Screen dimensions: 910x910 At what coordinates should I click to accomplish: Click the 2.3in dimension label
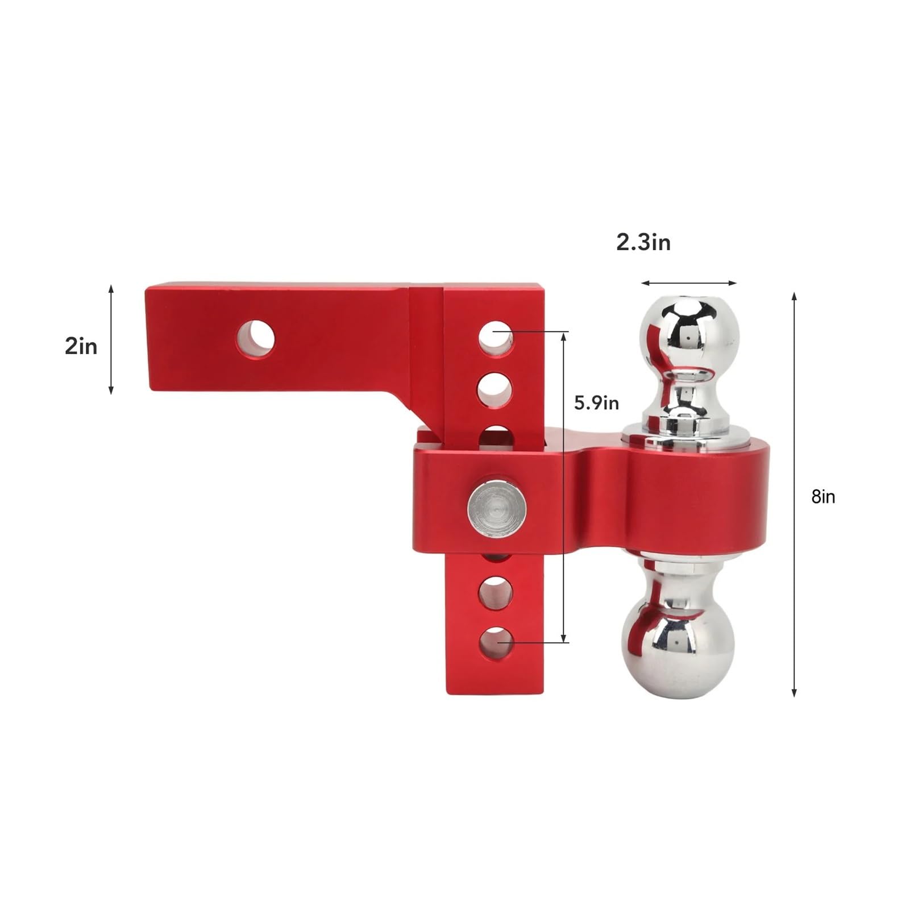(x=643, y=243)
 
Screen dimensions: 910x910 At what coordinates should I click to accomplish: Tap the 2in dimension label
(x=81, y=346)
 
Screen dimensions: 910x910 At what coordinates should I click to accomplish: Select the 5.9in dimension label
(x=596, y=403)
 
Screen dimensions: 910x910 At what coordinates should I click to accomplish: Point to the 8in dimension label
(x=823, y=497)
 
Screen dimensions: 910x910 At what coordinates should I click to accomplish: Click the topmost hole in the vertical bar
(x=496, y=339)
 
